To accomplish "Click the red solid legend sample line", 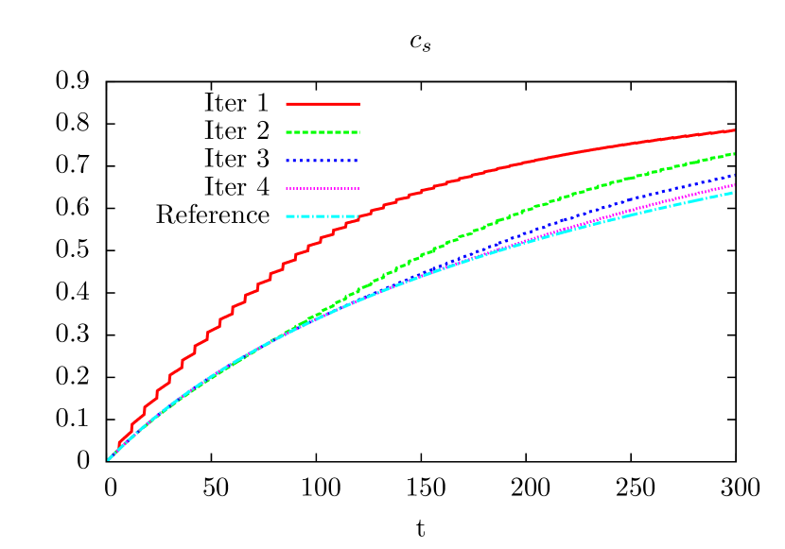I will (x=323, y=103).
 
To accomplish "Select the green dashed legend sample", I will (x=323, y=132).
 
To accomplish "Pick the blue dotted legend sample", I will (x=323, y=161).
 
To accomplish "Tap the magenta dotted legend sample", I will (x=323, y=188).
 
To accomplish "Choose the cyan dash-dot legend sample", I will (x=323, y=216).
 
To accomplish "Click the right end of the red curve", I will (x=734, y=130).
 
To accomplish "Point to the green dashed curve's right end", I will (x=734, y=153).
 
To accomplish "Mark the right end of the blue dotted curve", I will (x=734, y=175).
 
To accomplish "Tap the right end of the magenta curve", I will (x=734, y=184).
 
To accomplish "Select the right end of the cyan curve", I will (x=734, y=192).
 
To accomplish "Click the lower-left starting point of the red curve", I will (x=118, y=445).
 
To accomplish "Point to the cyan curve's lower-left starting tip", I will (x=109, y=459).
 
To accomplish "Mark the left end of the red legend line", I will (x=288, y=103).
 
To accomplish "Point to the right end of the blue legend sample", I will (x=358, y=161).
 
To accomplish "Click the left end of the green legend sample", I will (x=288, y=132).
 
